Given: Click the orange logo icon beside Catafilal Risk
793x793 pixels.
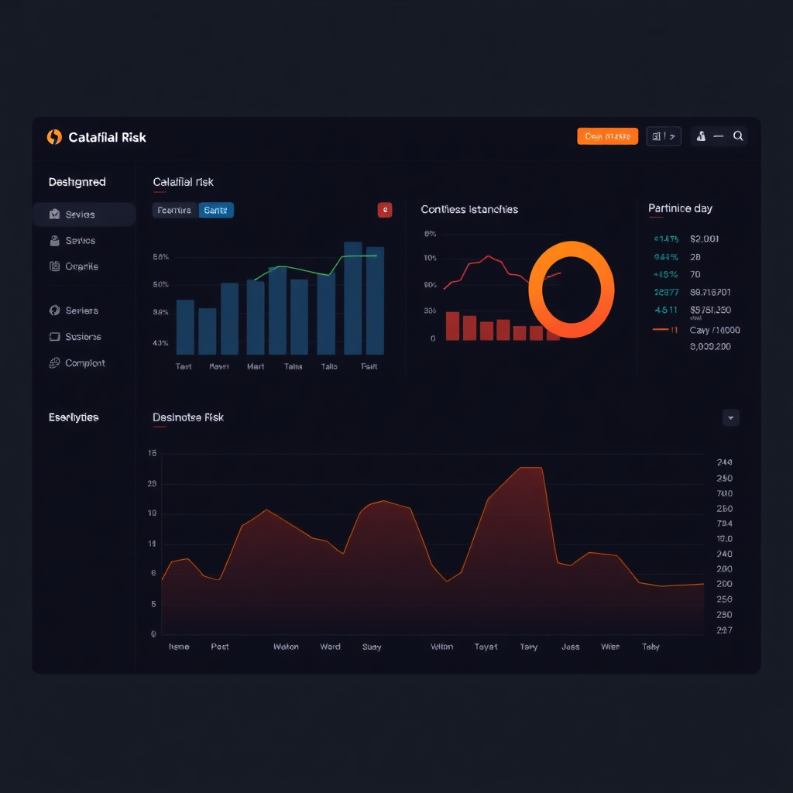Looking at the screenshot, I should (x=54, y=137).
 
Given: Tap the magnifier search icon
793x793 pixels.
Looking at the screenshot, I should (x=738, y=136).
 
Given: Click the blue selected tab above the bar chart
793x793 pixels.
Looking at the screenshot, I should (x=216, y=210).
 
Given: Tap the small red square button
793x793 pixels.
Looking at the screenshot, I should (x=385, y=209).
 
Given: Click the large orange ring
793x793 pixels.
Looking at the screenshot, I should (x=572, y=289).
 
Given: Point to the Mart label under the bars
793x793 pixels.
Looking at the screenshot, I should (x=256, y=366).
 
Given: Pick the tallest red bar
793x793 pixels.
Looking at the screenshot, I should (x=452, y=326).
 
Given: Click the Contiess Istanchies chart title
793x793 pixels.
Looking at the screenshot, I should (x=469, y=209).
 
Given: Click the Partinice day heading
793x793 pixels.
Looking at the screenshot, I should (x=680, y=208).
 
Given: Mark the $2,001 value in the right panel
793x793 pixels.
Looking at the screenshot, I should (x=704, y=239).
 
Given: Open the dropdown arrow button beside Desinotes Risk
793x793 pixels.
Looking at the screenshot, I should (x=730, y=417).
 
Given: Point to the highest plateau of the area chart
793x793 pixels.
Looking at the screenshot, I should (x=530, y=469).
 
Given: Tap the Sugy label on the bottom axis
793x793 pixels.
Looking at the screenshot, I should (x=372, y=647).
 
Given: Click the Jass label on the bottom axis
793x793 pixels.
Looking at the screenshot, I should (x=570, y=647).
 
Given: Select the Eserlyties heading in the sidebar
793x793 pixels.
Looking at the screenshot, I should (x=74, y=417).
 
